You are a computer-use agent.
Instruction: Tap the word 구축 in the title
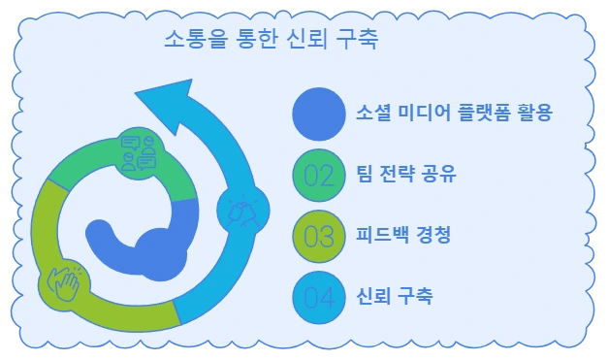pos(358,42)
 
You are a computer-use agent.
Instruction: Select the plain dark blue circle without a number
pos(318,114)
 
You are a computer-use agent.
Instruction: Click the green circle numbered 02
pos(318,175)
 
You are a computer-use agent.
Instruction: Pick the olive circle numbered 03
pos(318,235)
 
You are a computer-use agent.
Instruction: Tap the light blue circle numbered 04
pos(318,296)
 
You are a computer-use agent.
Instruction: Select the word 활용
pos(533,115)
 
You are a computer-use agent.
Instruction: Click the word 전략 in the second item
pos(411,176)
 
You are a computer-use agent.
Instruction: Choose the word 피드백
pos(384,236)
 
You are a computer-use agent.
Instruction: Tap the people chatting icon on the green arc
pos(139,152)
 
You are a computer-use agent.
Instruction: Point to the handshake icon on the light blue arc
pos(238,210)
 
